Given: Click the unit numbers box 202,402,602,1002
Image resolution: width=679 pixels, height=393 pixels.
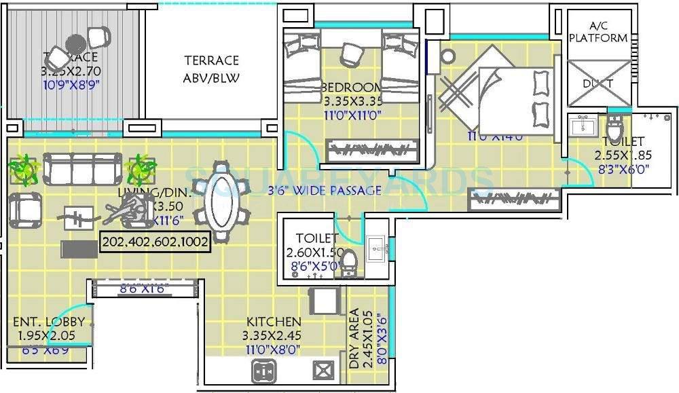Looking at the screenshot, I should click(155, 242).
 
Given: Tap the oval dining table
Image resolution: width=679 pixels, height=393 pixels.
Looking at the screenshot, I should click(222, 194).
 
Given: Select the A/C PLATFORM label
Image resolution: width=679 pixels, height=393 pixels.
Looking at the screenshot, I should click(598, 33).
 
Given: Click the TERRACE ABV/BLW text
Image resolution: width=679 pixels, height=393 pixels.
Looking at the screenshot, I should click(211, 69).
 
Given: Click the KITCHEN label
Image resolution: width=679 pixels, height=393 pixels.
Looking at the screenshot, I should click(274, 321).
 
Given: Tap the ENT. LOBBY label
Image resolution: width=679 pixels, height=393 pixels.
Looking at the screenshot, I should click(49, 322).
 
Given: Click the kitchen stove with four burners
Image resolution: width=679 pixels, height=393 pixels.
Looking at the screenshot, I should click(263, 371).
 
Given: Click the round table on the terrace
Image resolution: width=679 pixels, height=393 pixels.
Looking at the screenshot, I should click(75, 42).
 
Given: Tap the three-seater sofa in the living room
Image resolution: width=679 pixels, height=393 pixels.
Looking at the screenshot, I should click(82, 166).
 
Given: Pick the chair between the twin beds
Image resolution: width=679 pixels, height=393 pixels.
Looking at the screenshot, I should click(352, 52).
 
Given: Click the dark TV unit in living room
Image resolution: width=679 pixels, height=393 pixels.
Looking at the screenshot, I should click(74, 248).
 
